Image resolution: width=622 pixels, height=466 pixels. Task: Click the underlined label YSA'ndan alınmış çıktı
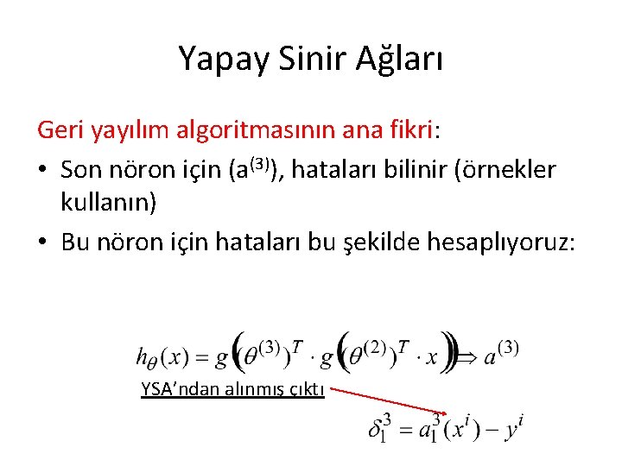pos(232,389)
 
